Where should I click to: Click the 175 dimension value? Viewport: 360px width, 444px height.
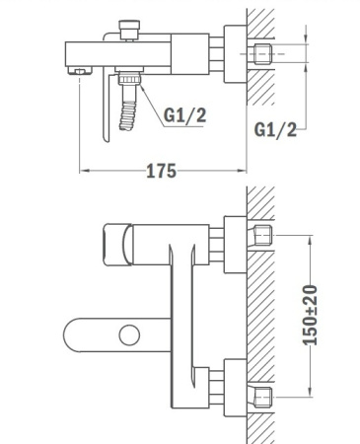160,170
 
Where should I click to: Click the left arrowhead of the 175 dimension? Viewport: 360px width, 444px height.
83,171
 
